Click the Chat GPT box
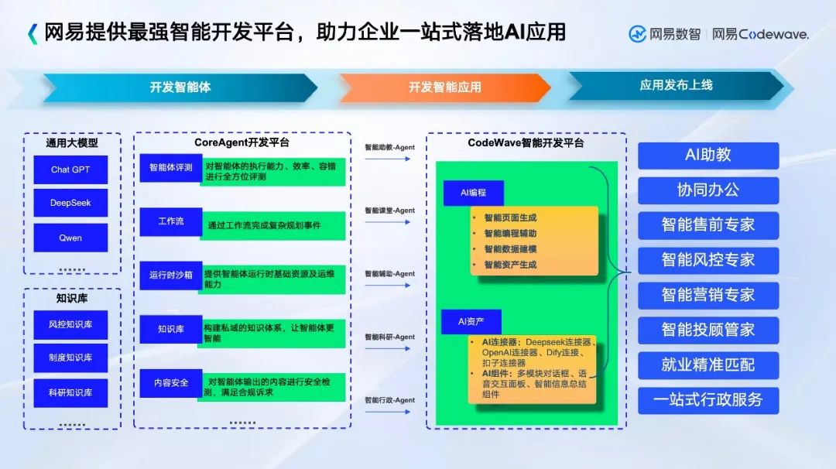70,169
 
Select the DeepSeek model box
70,203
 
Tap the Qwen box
70,238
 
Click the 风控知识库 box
70,324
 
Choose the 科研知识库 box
70,392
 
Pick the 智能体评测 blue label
170,167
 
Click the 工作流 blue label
170,221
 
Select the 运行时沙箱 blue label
170,276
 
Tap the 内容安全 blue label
170,383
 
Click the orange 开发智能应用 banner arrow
444,87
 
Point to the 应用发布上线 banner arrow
675,86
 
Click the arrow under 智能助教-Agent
389,159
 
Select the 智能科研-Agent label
389,337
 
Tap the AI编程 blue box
473,193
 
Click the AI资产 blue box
472,321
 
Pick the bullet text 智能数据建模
510,249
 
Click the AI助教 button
708,155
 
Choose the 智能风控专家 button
708,260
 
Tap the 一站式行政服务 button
708,400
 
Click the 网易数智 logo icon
637,34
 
